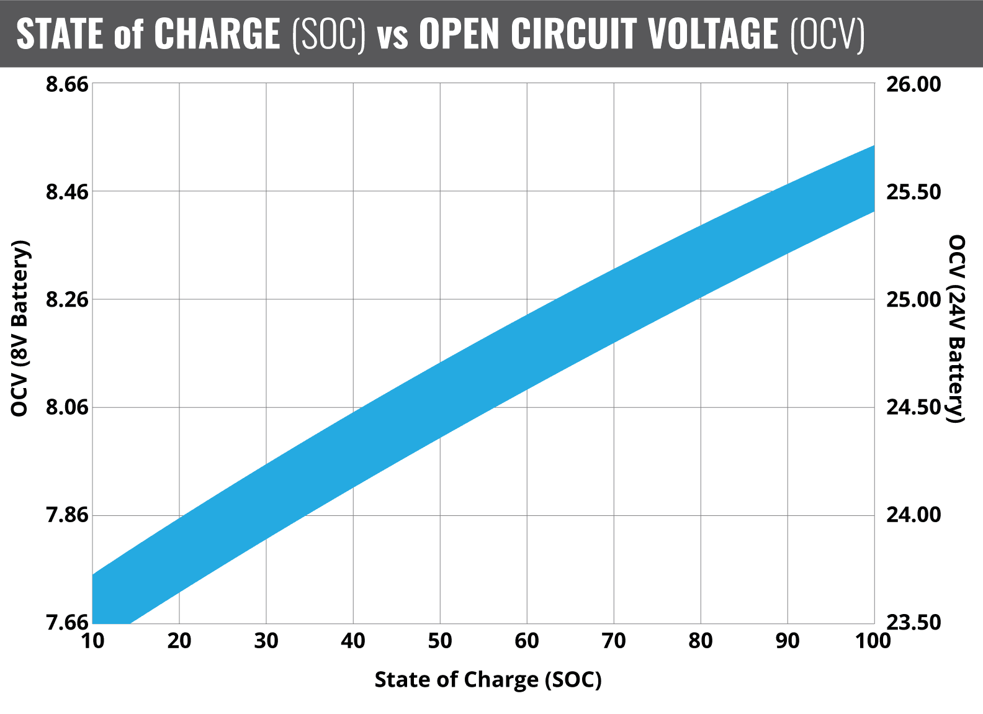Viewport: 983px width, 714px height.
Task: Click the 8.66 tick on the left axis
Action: click(x=67, y=84)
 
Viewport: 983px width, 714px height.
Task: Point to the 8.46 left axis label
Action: click(x=67, y=192)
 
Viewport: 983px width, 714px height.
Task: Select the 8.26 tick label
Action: click(x=67, y=300)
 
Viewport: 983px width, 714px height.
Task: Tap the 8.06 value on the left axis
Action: click(x=67, y=408)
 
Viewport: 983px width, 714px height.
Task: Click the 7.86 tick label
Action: click(x=67, y=515)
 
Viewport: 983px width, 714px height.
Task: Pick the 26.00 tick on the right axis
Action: click(x=913, y=84)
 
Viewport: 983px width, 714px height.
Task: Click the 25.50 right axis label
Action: click(x=913, y=192)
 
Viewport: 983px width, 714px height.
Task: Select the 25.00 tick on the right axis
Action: click(x=913, y=300)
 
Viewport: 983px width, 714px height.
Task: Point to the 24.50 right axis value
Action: click(x=913, y=408)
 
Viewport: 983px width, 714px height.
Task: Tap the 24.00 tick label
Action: click(x=913, y=515)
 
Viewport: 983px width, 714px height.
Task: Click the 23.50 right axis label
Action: click(x=913, y=623)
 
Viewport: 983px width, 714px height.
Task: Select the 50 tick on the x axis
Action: click(x=440, y=641)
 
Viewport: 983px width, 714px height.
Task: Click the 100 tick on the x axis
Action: click(x=873, y=641)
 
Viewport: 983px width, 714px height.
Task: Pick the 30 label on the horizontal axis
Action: click(x=266, y=641)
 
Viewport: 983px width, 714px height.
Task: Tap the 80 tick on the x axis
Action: click(x=701, y=641)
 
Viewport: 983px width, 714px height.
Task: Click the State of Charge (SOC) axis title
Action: click(x=488, y=680)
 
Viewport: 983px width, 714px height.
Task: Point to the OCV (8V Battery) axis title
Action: click(x=20, y=328)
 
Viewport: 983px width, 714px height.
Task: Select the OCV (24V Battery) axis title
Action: click(x=957, y=328)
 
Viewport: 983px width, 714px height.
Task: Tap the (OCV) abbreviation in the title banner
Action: click(x=827, y=34)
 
